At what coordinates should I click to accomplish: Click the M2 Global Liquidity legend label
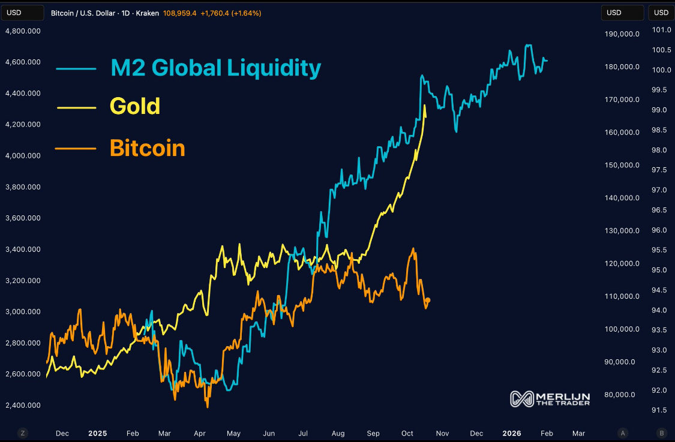click(215, 68)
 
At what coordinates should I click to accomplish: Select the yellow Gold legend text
click(135, 106)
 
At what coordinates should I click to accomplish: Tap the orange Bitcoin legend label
click(147, 148)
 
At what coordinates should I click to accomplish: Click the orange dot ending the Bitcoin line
click(428, 300)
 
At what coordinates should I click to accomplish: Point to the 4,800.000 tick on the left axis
click(23, 31)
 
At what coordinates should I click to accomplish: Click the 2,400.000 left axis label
click(23, 405)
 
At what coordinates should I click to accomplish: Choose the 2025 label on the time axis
click(97, 433)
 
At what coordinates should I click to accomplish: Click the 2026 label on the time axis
click(512, 433)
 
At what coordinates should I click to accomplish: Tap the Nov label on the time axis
click(443, 433)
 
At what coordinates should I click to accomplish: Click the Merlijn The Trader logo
click(550, 399)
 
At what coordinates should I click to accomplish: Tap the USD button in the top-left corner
click(22, 13)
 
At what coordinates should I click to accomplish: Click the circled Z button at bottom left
click(22, 433)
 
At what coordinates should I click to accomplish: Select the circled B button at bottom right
click(662, 433)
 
